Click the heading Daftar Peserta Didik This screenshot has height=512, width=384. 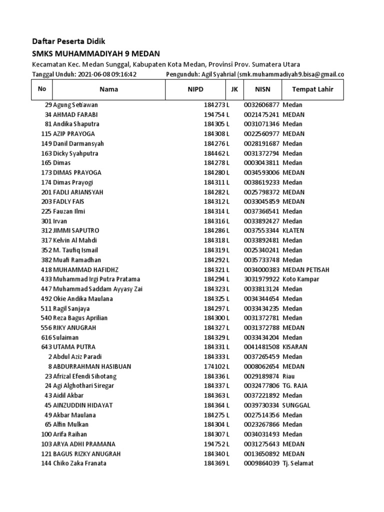[68, 41]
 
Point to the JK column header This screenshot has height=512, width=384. [234, 89]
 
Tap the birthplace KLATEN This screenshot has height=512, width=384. [293, 231]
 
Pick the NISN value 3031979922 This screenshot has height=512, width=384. [261, 279]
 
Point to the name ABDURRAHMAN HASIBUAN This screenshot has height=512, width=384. [92, 366]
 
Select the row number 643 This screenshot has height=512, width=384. [46, 347]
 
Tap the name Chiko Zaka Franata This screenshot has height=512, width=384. [79, 463]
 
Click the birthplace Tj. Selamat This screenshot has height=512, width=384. [298, 463]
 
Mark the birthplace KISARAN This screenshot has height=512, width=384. [294, 347]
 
